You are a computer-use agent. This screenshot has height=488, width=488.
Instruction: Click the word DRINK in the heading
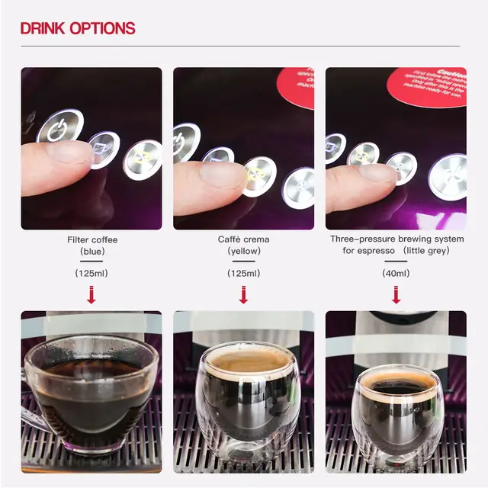(43, 29)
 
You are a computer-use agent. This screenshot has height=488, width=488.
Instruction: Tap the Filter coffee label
(91, 239)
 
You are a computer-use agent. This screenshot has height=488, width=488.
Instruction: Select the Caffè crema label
(243, 239)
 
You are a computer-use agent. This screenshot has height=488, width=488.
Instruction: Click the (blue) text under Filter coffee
(91, 251)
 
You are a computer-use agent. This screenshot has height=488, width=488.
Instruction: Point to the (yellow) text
(243, 251)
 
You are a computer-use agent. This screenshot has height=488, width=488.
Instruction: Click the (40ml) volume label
(396, 273)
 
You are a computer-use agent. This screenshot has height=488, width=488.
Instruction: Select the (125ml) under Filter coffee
(91, 273)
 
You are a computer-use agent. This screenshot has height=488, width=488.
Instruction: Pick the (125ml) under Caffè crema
(243, 273)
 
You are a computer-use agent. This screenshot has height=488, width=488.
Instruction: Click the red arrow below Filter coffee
(91, 294)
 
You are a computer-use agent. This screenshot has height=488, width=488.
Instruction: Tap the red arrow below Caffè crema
(243, 294)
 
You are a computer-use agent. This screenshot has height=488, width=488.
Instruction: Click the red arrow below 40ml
(396, 294)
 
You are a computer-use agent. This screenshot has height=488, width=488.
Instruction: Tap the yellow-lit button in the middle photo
(258, 175)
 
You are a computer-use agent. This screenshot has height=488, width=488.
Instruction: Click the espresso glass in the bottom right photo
(396, 412)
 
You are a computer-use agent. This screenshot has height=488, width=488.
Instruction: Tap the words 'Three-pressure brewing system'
(396, 239)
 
